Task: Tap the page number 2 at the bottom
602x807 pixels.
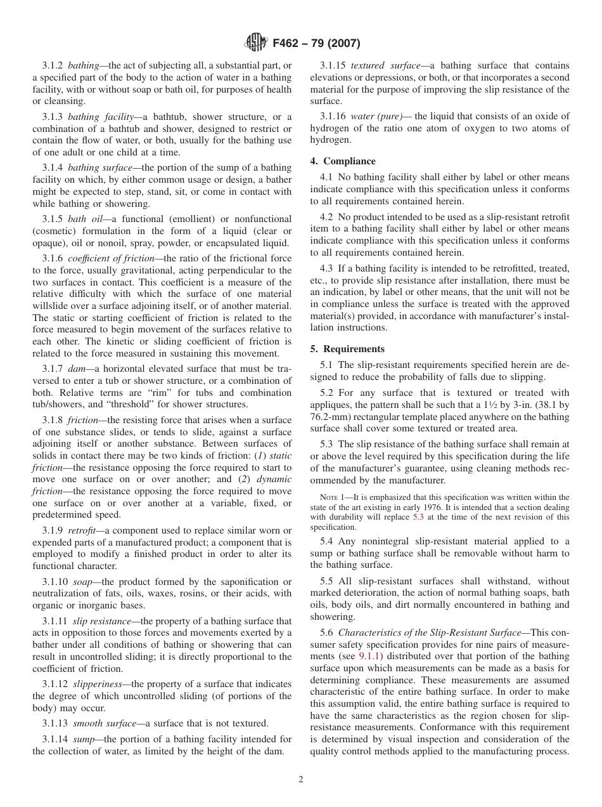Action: click(301, 780)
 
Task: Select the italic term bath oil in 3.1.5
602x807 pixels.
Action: click(85, 219)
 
